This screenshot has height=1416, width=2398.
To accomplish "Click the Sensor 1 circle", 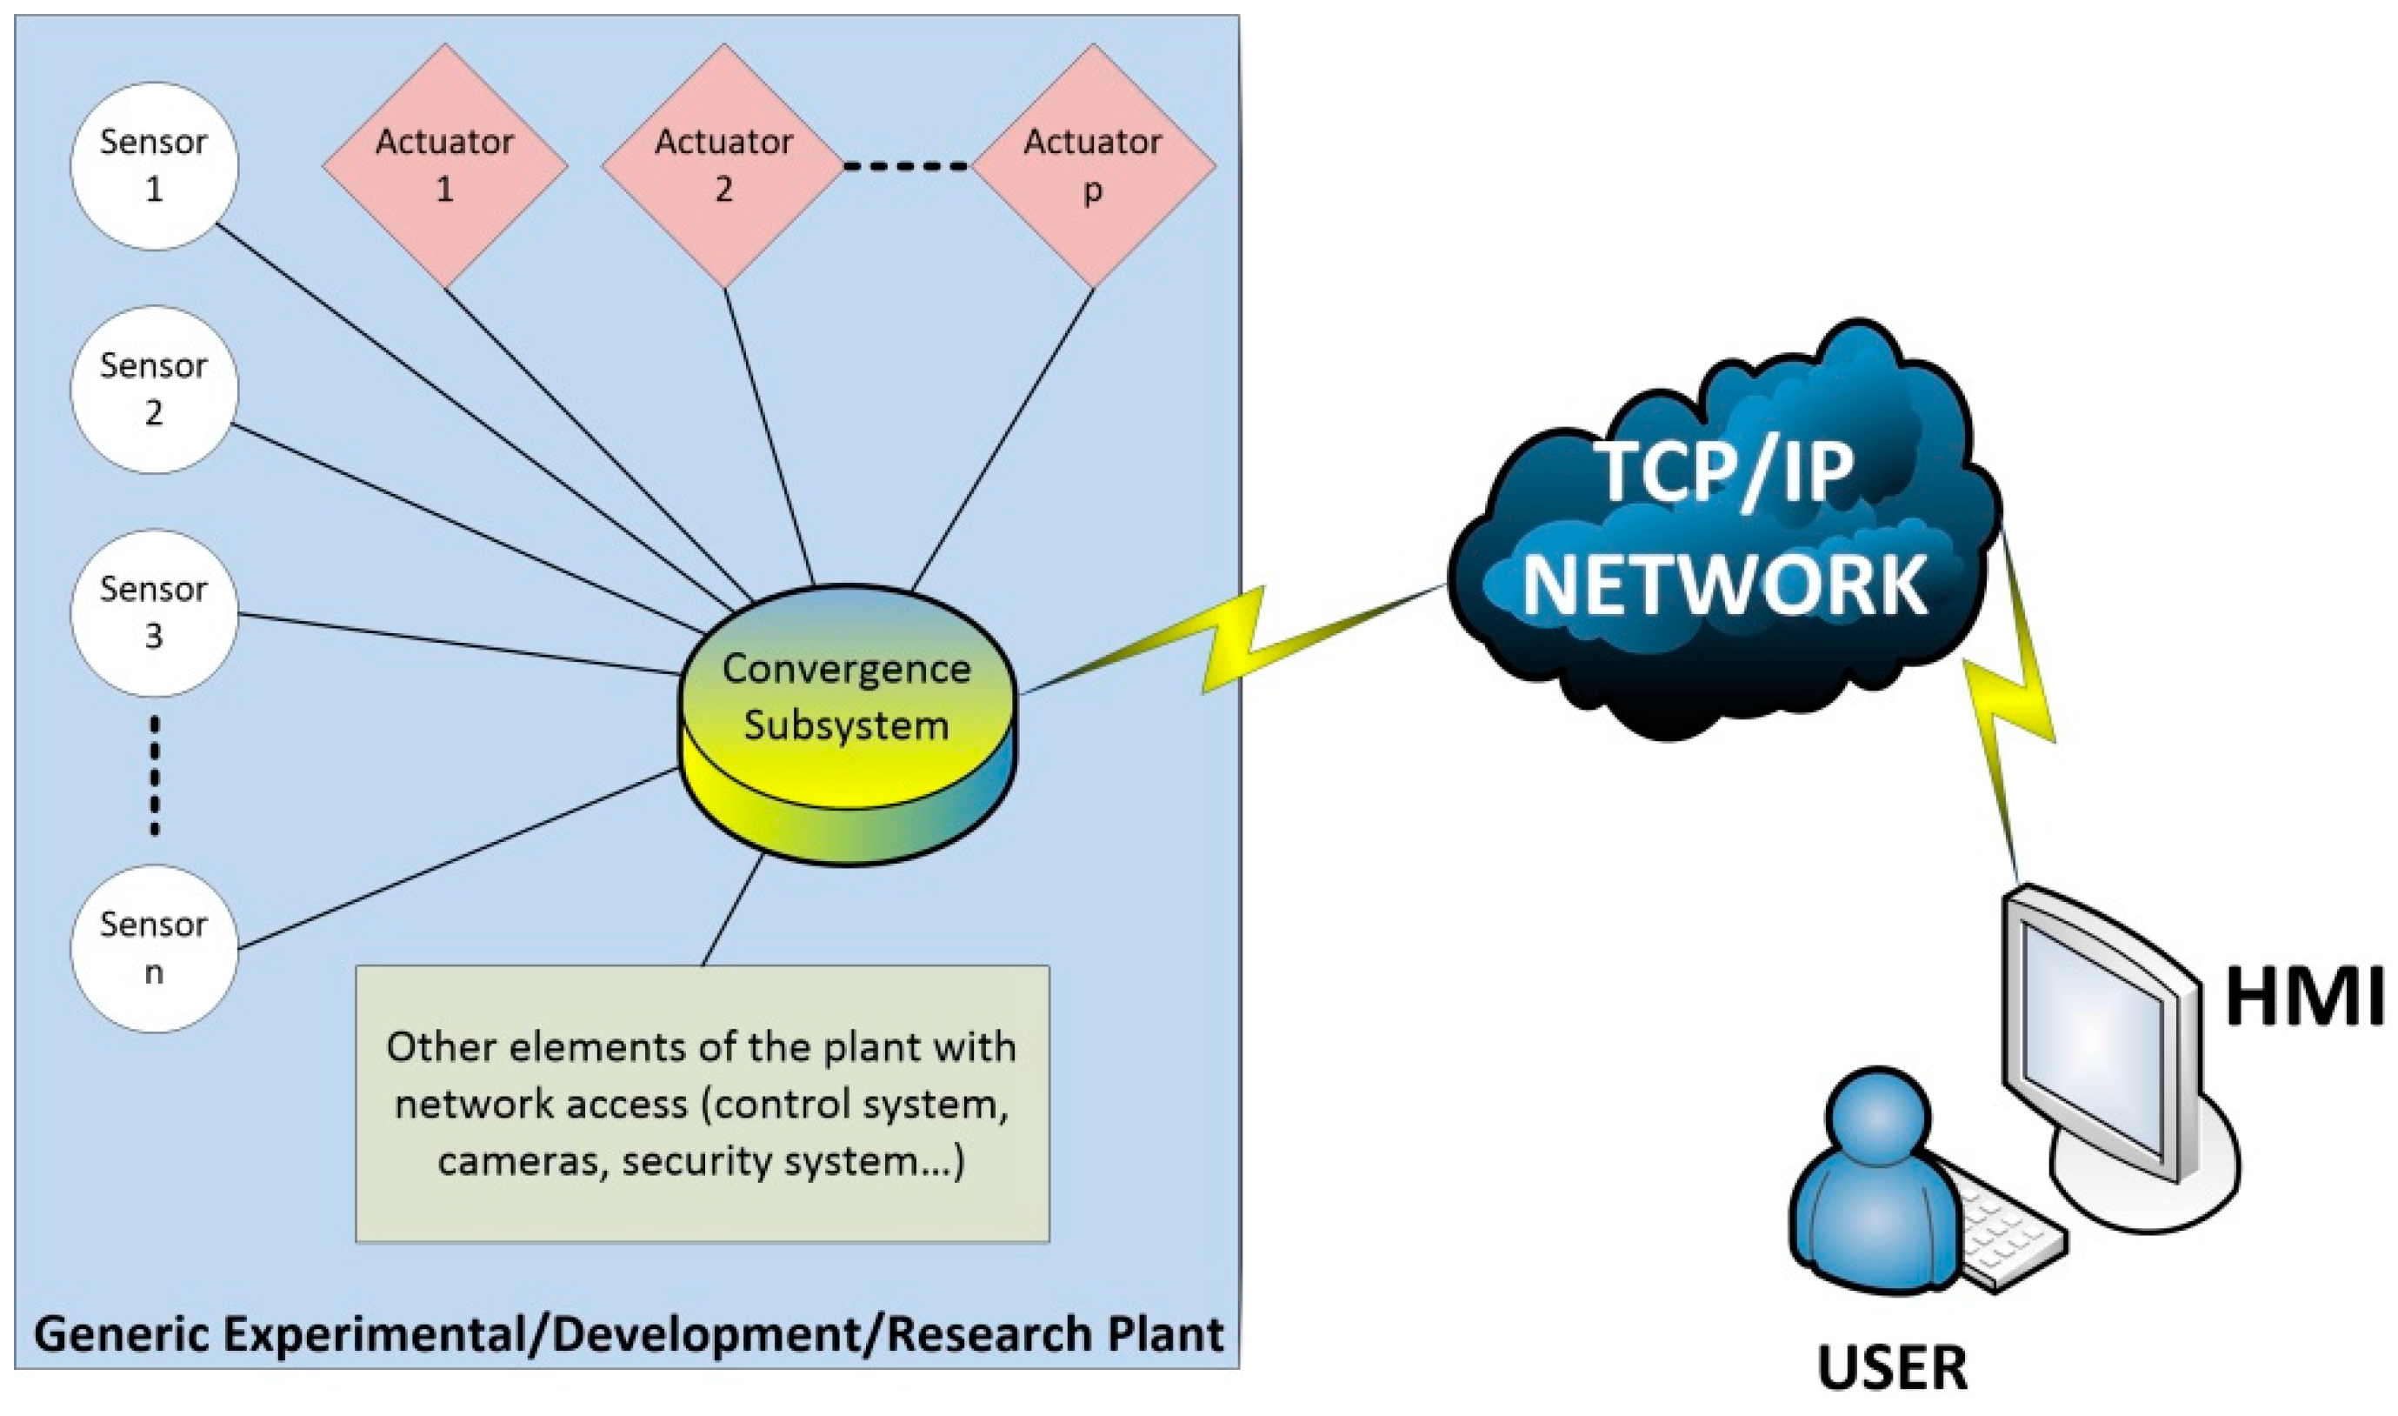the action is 154,166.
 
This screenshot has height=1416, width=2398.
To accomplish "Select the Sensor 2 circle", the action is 154,390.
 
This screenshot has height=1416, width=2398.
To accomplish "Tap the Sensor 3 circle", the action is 154,612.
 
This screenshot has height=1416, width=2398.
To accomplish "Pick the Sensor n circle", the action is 154,947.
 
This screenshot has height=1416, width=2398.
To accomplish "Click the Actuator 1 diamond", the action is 444,166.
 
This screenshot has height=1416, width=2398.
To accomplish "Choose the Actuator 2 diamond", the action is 724,166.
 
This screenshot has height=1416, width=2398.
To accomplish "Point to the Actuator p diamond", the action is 1093,166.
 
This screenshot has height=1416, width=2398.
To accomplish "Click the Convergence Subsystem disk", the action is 847,725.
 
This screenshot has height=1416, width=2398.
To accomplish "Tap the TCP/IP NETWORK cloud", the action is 1722,534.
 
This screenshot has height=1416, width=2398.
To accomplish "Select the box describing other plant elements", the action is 702,1104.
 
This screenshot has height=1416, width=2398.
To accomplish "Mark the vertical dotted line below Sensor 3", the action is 155,778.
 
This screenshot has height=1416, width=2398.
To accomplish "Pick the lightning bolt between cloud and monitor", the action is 2022,706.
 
